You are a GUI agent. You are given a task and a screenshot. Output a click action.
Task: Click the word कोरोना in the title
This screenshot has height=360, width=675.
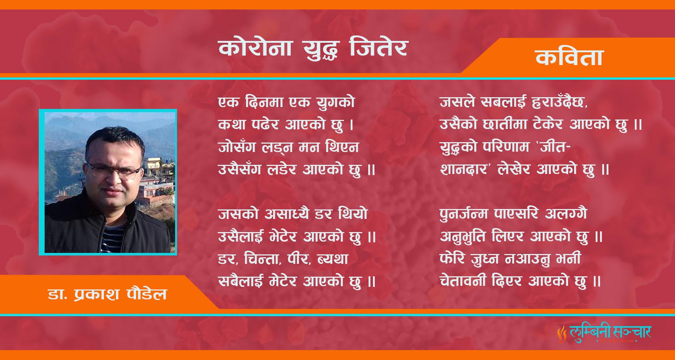[255, 48]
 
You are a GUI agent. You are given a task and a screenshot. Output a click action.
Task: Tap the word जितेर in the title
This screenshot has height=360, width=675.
[378, 48]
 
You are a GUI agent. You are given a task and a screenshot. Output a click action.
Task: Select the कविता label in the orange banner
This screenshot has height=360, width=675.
[569, 57]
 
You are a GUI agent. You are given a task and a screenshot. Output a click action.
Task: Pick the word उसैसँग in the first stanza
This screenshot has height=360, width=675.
[240, 169]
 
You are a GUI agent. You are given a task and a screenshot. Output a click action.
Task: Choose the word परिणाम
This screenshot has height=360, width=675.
[506, 147]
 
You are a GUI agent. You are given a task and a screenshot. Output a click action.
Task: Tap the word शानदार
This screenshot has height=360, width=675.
[464, 169]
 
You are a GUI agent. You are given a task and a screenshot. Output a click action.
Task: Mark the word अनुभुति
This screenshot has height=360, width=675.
[463, 236]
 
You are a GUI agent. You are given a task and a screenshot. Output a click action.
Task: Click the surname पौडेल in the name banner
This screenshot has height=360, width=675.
[147, 294]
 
